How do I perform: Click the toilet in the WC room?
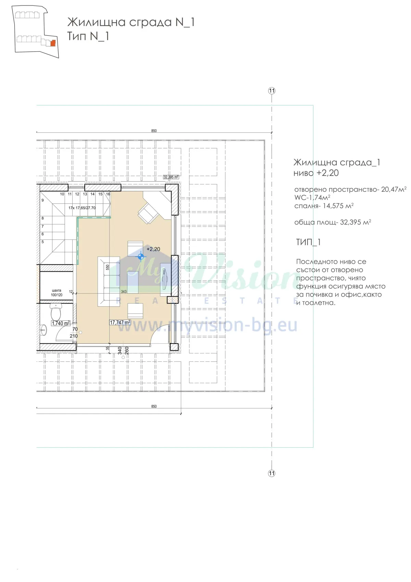pos(55,312)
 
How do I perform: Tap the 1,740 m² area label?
pos(61,323)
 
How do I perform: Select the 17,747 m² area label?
pos(120,322)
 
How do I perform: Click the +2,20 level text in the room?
pos(153,249)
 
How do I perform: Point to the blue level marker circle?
pos(141,256)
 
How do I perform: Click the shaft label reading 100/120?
pos(57,295)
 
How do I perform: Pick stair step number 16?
pos(108,194)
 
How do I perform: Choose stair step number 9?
pos(42,200)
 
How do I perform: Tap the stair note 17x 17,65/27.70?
pos(82,208)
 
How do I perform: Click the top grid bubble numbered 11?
pos(272,91)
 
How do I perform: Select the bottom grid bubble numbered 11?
pos(272,473)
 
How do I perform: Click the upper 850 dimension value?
pos(154,131)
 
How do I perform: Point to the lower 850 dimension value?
pos(154,406)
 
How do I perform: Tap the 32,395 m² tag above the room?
pos(171,177)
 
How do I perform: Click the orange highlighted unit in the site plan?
pos(53,43)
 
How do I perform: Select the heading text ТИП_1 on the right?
pos(308,242)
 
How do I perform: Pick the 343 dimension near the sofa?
pos(124,292)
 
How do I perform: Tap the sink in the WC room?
pos(43,330)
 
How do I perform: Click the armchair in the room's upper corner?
pos(148,213)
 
